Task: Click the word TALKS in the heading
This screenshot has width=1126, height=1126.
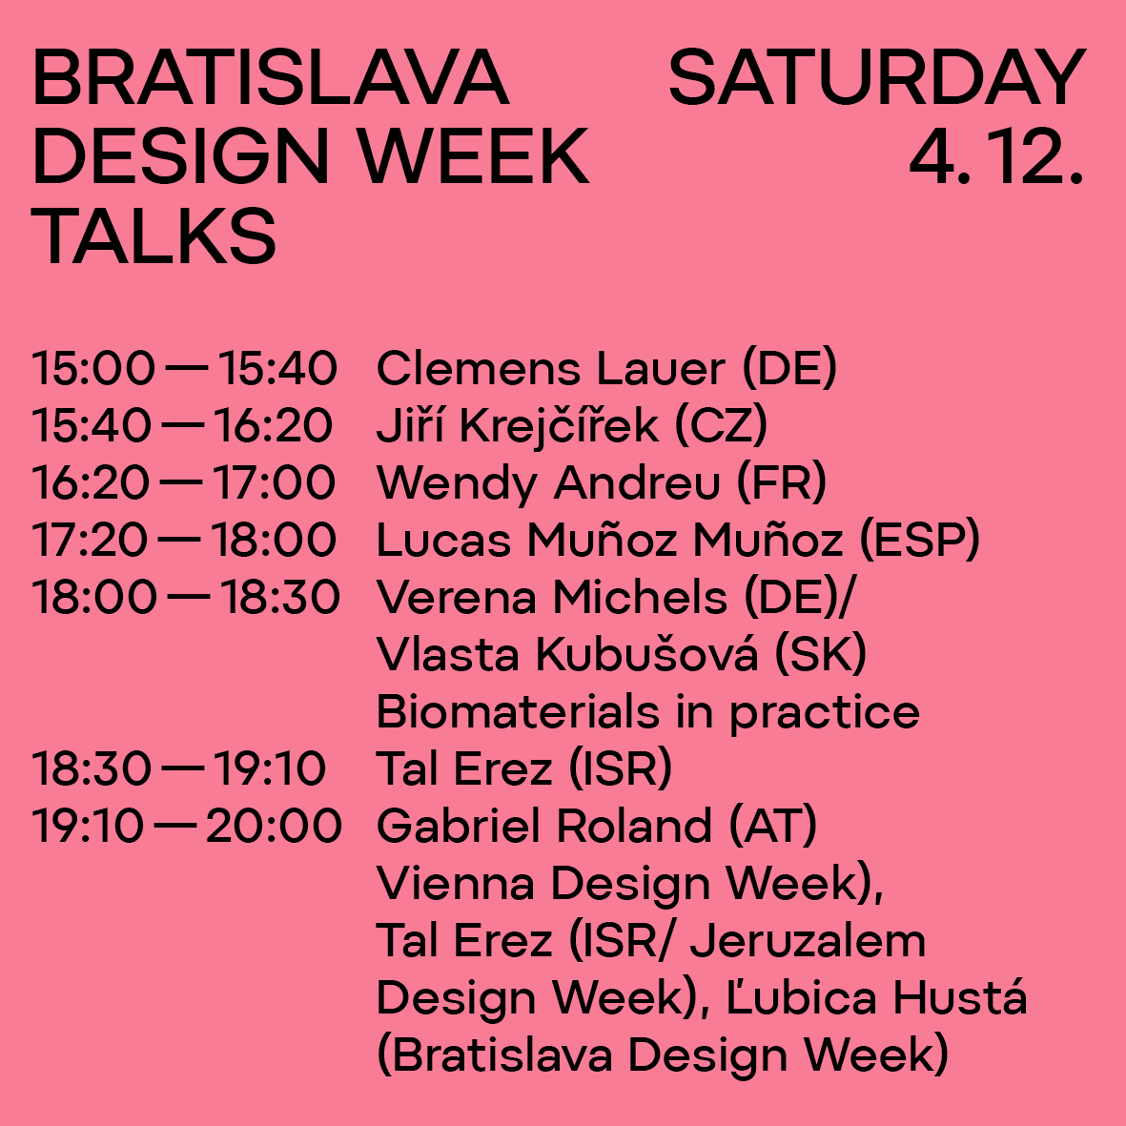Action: [154, 235]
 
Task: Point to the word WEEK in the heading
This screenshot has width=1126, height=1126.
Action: [474, 156]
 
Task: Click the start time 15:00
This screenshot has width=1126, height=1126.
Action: [93, 368]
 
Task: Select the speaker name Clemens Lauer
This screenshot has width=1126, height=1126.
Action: [551, 368]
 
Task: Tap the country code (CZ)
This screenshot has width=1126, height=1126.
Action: [721, 425]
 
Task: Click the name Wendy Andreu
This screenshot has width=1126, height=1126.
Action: [548, 483]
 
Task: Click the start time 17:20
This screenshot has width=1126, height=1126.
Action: [90, 540]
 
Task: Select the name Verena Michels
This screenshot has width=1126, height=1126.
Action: [552, 598]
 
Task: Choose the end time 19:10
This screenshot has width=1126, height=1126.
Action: [270, 768]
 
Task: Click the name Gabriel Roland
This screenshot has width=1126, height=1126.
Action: [544, 826]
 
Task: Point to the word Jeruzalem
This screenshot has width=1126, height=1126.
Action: [808, 941]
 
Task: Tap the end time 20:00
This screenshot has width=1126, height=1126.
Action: [275, 826]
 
